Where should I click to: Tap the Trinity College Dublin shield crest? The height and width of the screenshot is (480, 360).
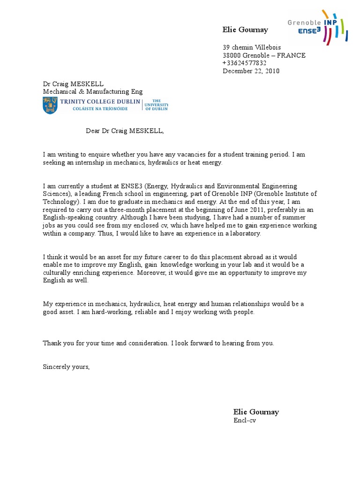point(49,106)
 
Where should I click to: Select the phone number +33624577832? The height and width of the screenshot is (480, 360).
point(244,63)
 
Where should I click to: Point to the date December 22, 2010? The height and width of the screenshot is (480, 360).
point(251,71)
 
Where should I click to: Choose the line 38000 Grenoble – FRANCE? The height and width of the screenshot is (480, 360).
point(263,55)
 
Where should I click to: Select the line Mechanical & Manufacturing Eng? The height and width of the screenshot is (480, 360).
point(93,91)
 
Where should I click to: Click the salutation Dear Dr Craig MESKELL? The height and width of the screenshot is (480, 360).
point(125,131)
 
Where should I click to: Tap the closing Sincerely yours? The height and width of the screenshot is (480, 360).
point(66,367)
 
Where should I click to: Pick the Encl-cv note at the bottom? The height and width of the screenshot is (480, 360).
point(245,420)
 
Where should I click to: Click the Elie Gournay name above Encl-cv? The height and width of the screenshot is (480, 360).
point(256,412)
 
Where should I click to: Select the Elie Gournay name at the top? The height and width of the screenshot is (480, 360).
point(245,30)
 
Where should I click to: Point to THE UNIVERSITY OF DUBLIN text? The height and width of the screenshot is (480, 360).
point(156,105)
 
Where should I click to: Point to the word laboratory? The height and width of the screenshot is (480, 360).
point(242,233)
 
